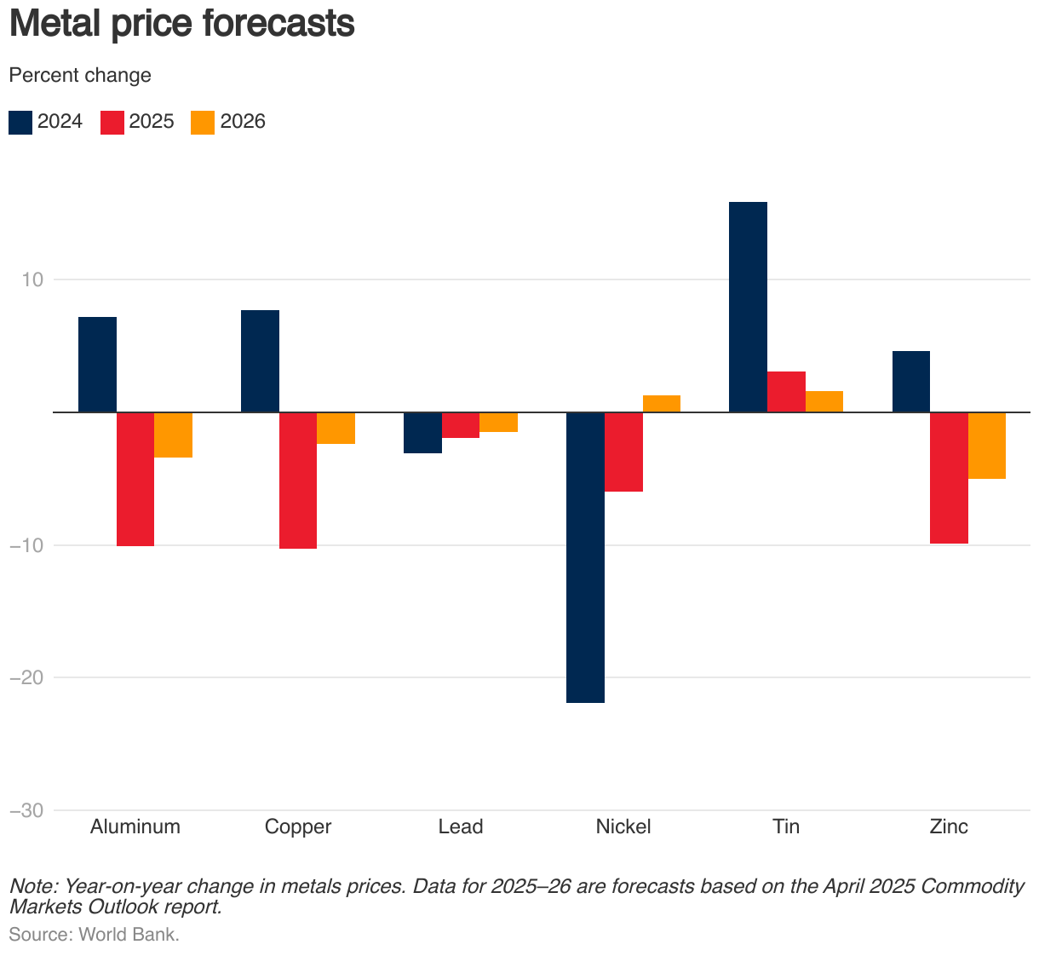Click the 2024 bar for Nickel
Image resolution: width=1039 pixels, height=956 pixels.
click(585, 557)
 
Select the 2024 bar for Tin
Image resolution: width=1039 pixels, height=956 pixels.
click(748, 307)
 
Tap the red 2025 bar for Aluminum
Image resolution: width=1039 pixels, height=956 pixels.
click(135, 479)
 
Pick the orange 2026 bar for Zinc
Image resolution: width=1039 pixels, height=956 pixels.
click(987, 446)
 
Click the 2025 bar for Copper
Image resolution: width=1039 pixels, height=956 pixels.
click(298, 481)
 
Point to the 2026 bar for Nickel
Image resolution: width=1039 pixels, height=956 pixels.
click(662, 404)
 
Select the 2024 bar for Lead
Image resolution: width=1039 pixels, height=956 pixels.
click(422, 433)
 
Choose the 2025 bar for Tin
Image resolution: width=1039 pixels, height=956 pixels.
click(786, 392)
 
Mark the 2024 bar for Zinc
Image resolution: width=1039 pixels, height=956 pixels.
click(910, 382)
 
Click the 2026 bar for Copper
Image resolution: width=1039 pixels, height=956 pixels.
click(336, 429)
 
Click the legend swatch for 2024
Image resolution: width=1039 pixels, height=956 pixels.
click(20, 122)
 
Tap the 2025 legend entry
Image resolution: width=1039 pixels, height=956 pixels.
click(137, 122)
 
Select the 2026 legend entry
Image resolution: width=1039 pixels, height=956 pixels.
click(228, 122)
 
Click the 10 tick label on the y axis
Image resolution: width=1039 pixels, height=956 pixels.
click(32, 279)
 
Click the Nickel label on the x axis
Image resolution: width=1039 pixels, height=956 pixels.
click(623, 826)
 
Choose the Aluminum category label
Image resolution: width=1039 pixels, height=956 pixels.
click(135, 826)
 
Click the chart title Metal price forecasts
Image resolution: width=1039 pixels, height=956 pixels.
click(181, 24)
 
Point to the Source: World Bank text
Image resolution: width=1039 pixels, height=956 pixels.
click(94, 934)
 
